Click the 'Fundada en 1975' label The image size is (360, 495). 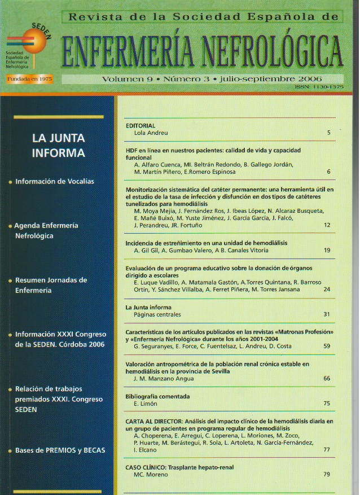tap(29, 79)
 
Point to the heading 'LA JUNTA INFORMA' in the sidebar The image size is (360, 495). tap(59, 145)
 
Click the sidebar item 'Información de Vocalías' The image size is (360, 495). tap(55, 182)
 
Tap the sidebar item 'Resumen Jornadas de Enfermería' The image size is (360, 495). tap(51, 285)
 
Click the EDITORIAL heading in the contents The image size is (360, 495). tap(141, 125)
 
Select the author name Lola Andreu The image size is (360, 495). tap(151, 133)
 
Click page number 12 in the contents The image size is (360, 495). tap(327, 225)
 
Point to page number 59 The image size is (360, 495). tap(327, 346)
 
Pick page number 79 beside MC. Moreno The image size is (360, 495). tap(327, 475)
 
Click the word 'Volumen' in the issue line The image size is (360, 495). tap(123, 80)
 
